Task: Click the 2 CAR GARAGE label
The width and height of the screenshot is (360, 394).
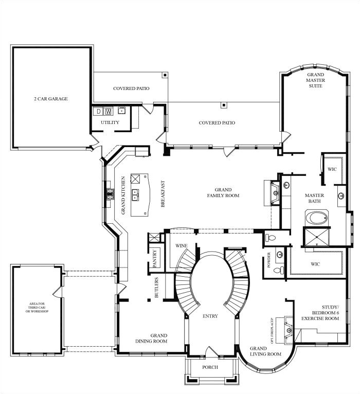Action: tap(51, 99)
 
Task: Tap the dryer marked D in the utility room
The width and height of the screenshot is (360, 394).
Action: tap(98, 111)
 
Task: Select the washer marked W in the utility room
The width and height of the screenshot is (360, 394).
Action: tap(109, 111)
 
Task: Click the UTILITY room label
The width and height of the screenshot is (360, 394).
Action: tap(110, 122)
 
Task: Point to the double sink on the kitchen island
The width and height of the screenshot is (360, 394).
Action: tap(136, 195)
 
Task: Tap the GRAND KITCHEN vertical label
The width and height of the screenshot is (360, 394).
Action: tap(123, 195)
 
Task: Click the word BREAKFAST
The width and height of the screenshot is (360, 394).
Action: tap(163, 194)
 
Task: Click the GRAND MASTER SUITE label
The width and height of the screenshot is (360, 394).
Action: tap(315, 80)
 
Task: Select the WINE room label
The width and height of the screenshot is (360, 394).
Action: tap(181, 246)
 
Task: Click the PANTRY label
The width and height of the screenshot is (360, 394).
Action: tap(154, 259)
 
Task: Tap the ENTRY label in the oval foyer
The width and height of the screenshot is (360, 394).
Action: tap(210, 316)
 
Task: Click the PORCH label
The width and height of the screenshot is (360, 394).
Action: tap(210, 367)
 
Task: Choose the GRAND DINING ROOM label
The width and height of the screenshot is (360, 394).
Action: tap(151, 338)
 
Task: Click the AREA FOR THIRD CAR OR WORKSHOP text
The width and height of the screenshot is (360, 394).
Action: tap(37, 310)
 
